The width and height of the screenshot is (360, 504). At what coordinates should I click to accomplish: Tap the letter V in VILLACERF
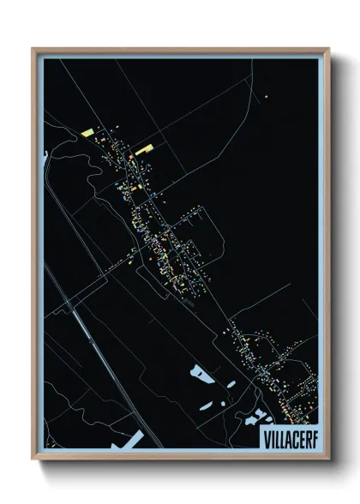(x=262, y=436)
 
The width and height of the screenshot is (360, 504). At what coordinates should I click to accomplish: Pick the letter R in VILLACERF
(x=305, y=436)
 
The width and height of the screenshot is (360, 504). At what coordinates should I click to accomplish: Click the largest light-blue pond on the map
(x=201, y=374)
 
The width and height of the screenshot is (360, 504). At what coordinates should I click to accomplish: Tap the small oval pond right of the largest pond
(x=231, y=385)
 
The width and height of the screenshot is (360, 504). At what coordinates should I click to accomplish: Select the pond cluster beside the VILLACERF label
(x=255, y=417)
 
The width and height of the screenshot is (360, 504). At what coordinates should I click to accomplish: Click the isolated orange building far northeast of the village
(x=267, y=96)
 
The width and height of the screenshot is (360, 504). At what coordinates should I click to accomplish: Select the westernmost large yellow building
(x=88, y=132)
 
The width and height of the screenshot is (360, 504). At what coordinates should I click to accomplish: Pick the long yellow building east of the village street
(x=143, y=150)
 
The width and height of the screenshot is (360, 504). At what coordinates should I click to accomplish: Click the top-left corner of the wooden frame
(x=33, y=49)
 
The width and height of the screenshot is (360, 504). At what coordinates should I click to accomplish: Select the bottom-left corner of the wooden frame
(x=33, y=459)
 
